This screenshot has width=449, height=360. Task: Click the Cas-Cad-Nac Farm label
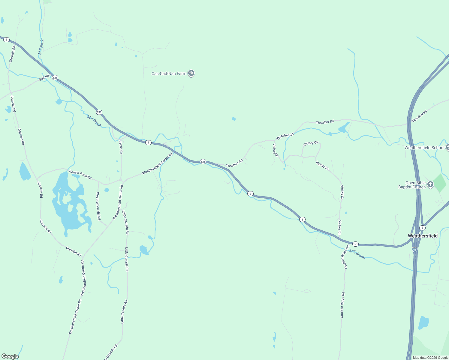point(169,73)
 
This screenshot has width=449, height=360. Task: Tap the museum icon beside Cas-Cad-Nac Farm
point(191,73)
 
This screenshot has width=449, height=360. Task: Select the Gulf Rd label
point(44,78)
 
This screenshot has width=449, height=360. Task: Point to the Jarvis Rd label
point(121,147)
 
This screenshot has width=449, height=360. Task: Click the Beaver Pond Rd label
point(80,174)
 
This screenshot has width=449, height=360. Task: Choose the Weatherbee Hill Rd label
point(98,206)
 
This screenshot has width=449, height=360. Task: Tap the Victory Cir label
point(311,143)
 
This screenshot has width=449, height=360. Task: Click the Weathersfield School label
point(424,148)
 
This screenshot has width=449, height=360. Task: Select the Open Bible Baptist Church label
point(412,185)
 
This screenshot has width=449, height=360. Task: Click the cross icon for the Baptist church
point(430,184)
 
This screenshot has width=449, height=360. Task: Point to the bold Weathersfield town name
point(423,236)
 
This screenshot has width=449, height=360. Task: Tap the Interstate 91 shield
point(414,250)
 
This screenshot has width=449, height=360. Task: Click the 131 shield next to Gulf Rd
point(55,78)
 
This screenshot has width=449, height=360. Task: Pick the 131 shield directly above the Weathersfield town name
point(422,228)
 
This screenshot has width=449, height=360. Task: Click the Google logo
point(10,356)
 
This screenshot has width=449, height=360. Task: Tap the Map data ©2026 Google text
point(430,358)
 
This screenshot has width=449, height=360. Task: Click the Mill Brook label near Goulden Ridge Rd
point(357,254)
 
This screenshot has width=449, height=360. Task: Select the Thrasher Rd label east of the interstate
point(419,116)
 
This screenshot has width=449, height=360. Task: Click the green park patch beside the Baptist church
point(440,183)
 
